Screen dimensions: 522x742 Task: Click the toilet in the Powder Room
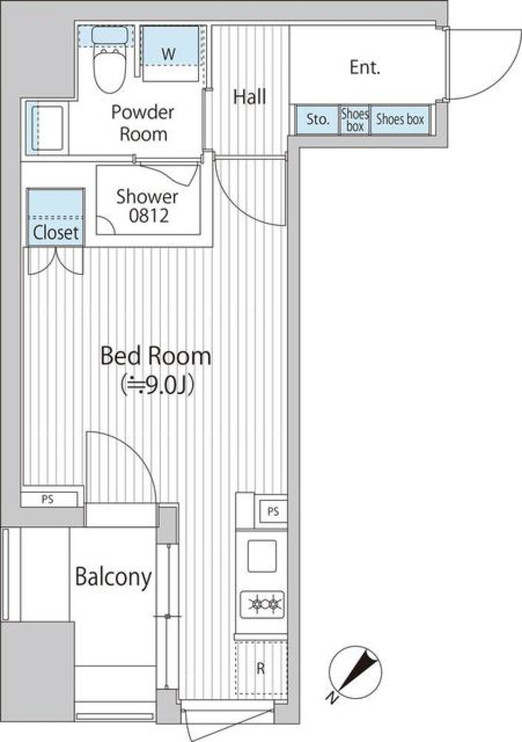(110, 60)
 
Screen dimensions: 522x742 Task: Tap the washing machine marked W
(171, 54)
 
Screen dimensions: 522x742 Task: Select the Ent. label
(365, 68)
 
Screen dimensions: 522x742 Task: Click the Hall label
(250, 97)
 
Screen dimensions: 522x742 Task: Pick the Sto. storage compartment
(318, 120)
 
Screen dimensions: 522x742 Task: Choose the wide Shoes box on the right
(400, 120)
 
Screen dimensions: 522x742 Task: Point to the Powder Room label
(142, 123)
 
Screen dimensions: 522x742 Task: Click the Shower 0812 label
(147, 206)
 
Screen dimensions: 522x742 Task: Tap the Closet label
(55, 232)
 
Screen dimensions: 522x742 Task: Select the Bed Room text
(156, 356)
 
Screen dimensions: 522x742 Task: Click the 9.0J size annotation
(157, 384)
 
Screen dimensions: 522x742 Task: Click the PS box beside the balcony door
(48, 500)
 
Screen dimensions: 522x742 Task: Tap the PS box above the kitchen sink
(274, 512)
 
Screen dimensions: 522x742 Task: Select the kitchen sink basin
(262, 556)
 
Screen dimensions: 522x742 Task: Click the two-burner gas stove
(262, 604)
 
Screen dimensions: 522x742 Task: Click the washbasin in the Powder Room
(47, 128)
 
